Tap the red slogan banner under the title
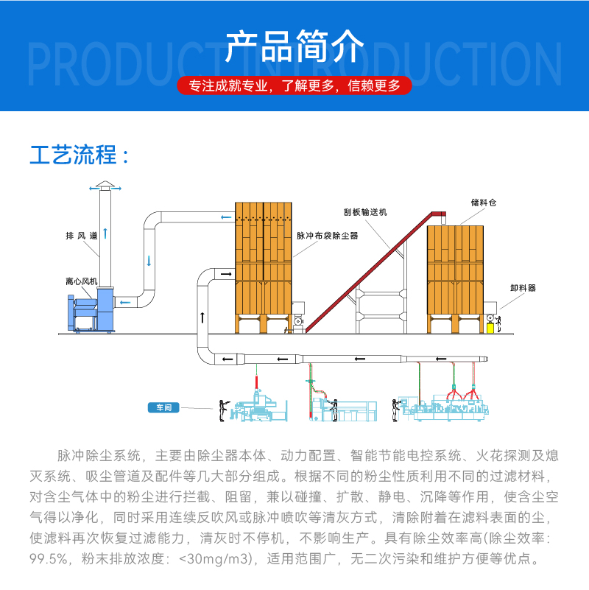pyautogui.click(x=294, y=86)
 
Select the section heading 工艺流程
pyautogui.click(x=80, y=155)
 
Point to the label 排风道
pyautogui.click(x=81, y=236)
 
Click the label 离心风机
pyautogui.click(x=80, y=281)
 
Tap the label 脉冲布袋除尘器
pyautogui.click(x=327, y=236)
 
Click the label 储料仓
pyautogui.click(x=479, y=201)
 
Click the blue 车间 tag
pyautogui.click(x=163, y=407)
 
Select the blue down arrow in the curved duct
pyautogui.click(x=149, y=260)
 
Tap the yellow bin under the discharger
pyautogui.click(x=492, y=329)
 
